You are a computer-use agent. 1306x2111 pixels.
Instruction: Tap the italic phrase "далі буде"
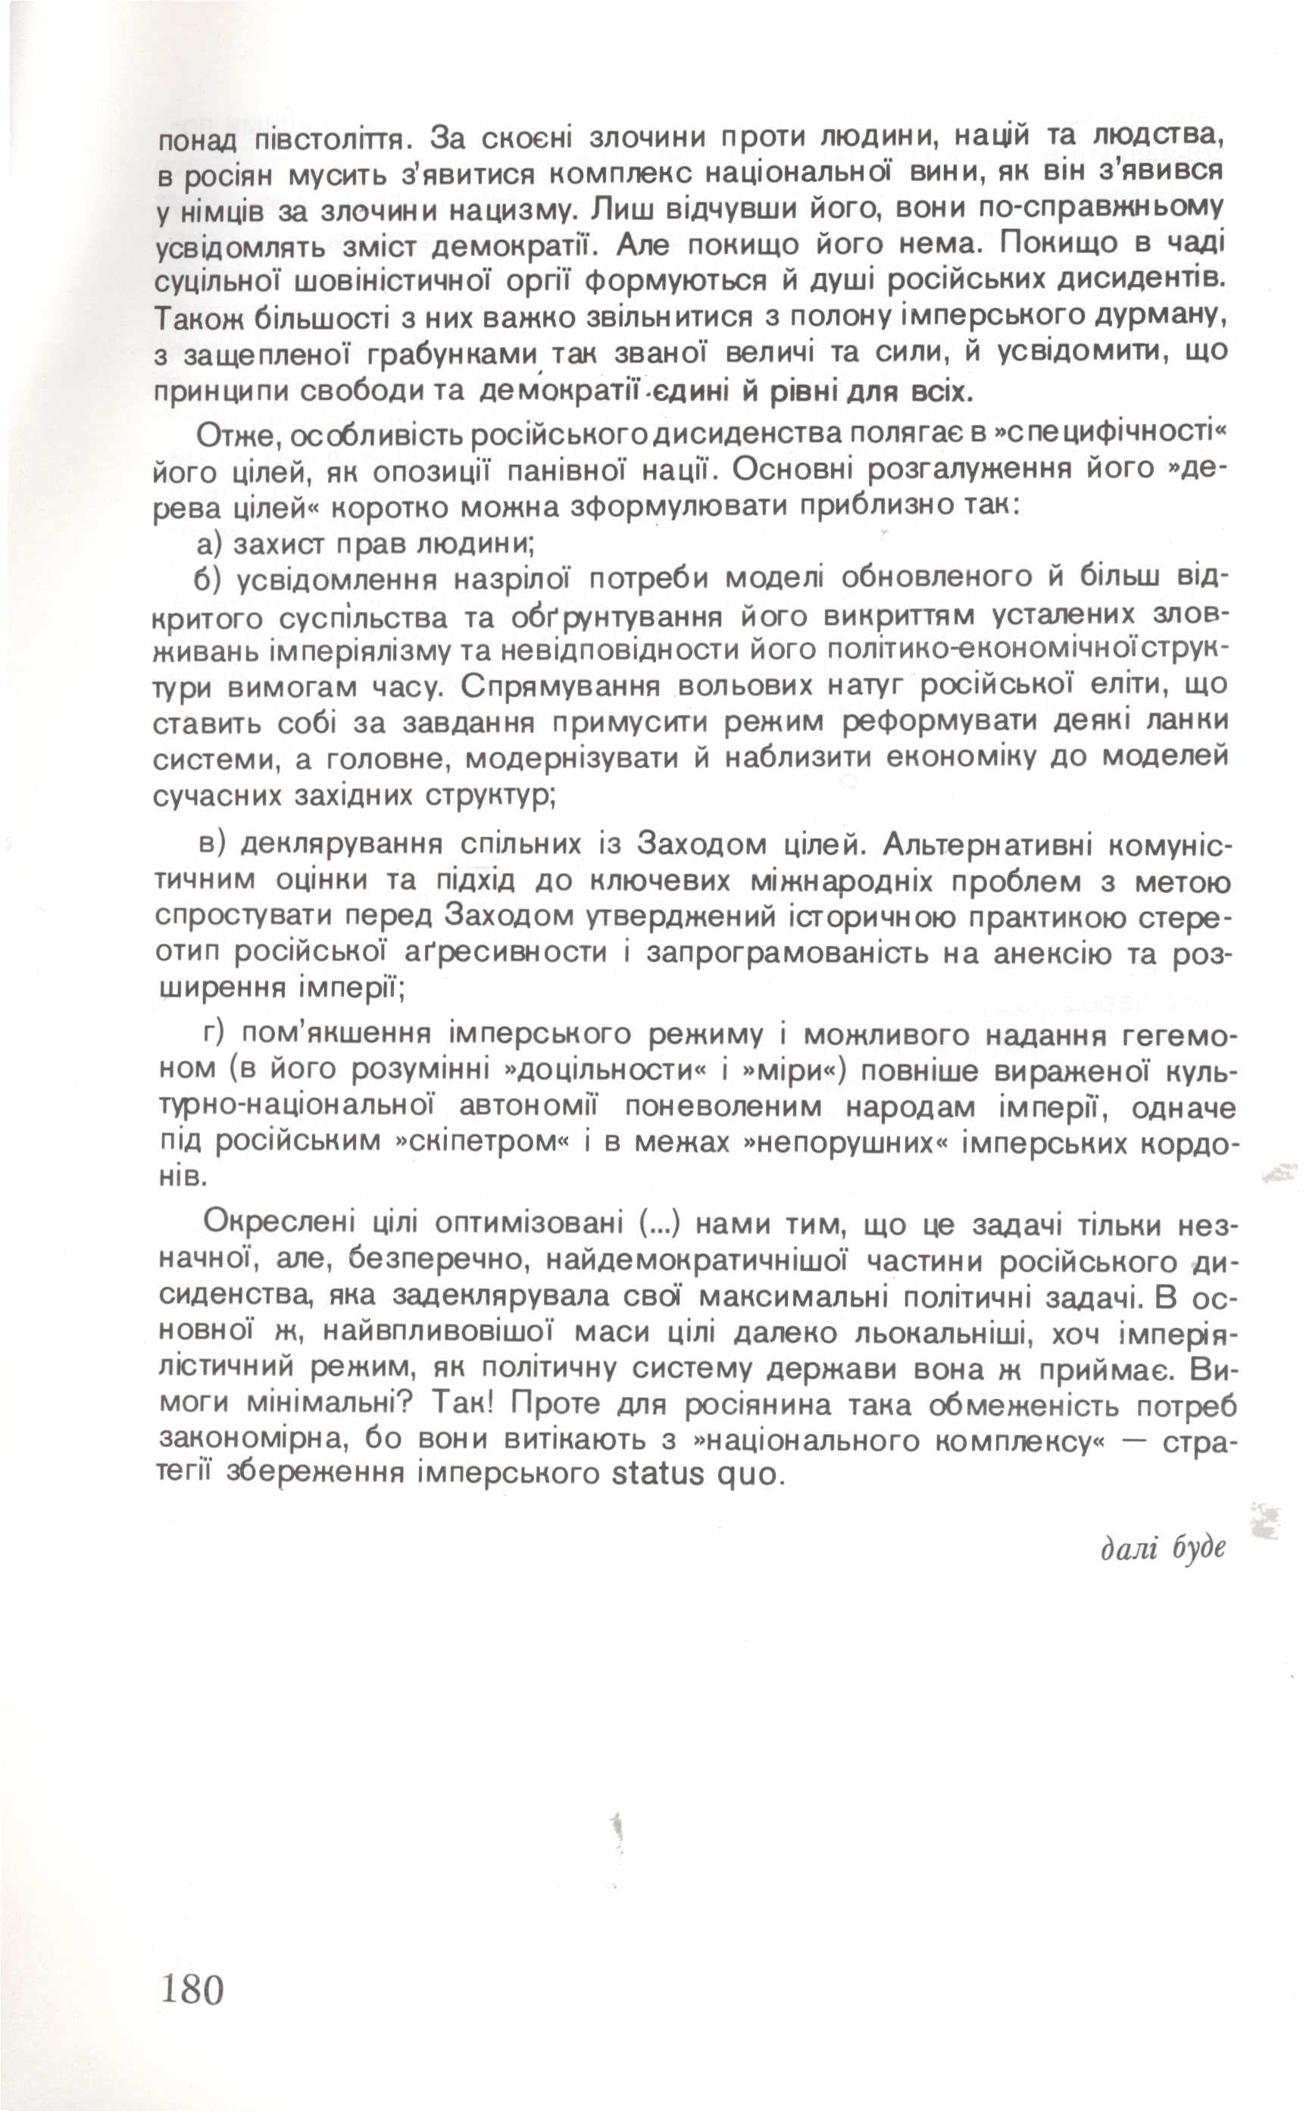[x=1163, y=1548]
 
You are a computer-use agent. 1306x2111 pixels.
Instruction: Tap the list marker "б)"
[x=210, y=579]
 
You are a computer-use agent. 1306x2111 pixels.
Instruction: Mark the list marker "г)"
[x=211, y=1032]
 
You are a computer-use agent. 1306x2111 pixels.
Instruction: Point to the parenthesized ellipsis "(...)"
[x=661, y=1223]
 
